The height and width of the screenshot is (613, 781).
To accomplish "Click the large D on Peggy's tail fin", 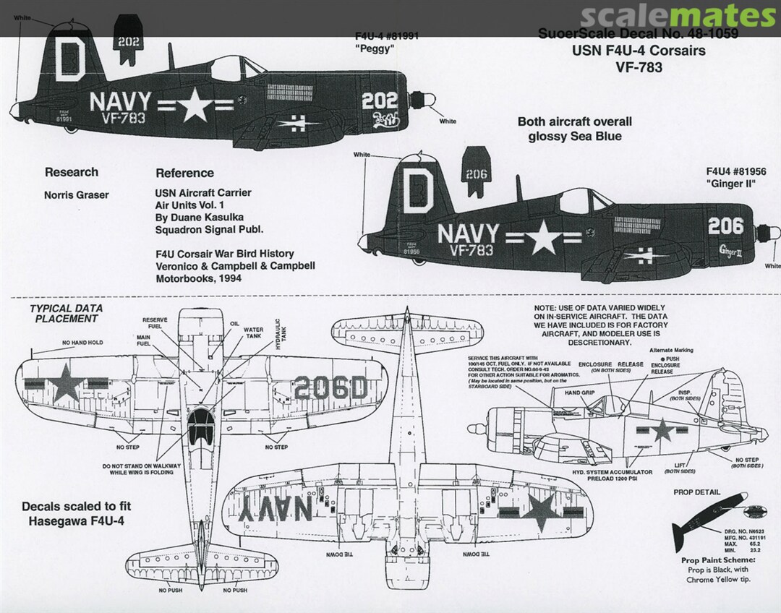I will click(69, 59).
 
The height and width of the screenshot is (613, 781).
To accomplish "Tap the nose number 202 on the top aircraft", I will click(380, 100).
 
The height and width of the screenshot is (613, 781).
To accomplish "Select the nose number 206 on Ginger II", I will click(725, 226).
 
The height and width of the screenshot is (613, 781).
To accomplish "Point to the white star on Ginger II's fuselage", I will click(544, 239).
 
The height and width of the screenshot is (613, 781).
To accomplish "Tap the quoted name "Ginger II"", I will click(730, 185).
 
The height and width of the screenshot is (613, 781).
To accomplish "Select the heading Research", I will click(71, 172).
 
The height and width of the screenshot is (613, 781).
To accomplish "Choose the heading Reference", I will click(184, 173).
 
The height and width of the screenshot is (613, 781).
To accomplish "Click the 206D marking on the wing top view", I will click(328, 388).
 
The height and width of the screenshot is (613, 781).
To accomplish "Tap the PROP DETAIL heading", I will click(696, 492).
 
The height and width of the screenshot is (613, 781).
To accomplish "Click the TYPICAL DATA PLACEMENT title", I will click(66, 313).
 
